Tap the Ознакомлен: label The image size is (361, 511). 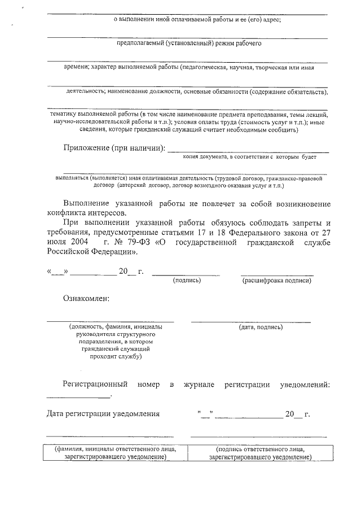tap(86, 298)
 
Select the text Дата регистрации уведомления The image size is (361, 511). tap(103, 414)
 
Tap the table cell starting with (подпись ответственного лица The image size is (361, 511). tap(259, 453)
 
